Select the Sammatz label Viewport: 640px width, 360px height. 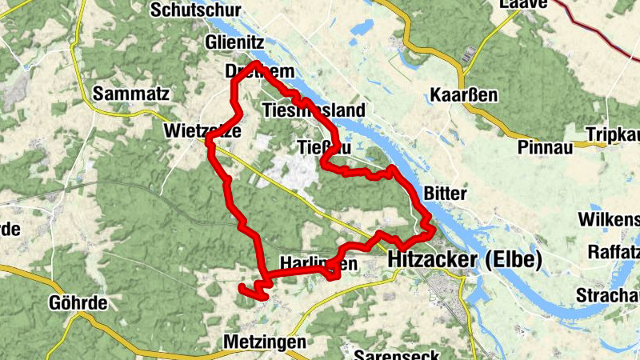tap(131, 94)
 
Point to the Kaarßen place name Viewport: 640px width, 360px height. tap(464, 95)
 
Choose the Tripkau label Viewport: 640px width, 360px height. tap(613, 134)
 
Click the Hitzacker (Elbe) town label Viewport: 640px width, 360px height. tap(465, 260)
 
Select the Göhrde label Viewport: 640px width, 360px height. tap(78, 304)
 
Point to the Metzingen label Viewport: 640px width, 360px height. tap(265, 342)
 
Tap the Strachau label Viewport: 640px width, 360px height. tap(608, 296)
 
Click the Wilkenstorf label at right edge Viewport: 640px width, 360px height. tap(612, 219)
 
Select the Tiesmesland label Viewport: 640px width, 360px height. tap(314, 110)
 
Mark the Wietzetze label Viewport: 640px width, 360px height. tap(202, 130)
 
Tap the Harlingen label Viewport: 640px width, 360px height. tap(318, 263)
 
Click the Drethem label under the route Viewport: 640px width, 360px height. tap(260, 72)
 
